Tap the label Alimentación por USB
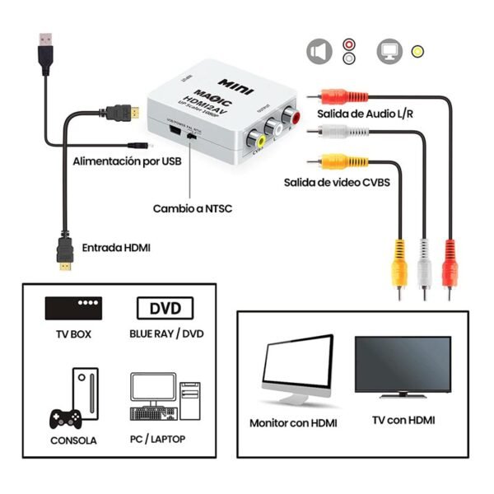coord(127,161)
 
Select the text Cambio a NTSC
coord(192,208)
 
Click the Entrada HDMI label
coord(116,247)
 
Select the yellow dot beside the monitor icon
coord(418,52)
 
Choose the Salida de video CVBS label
coord(337,182)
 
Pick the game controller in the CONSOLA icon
coord(63,417)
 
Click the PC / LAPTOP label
coord(157,439)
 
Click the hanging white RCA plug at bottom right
coord(425,263)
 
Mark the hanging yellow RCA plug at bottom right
coord(399,263)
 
